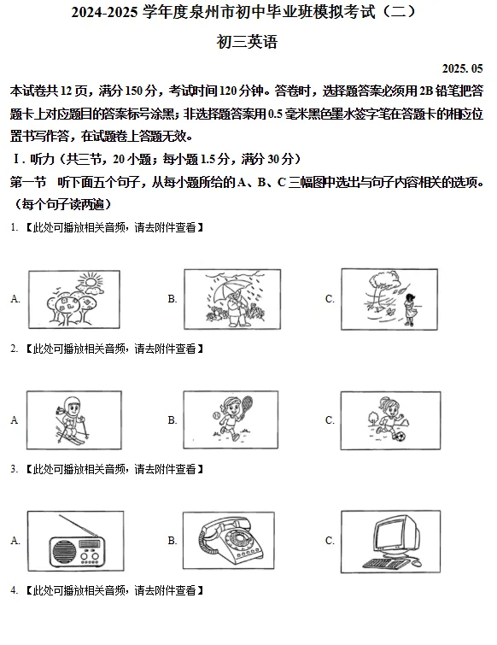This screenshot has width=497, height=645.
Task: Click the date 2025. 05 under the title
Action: tap(463, 68)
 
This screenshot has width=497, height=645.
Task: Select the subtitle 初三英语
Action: tap(248, 41)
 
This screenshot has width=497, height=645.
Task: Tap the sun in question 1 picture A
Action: tap(88, 281)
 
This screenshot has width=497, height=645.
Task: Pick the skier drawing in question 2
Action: tap(72, 419)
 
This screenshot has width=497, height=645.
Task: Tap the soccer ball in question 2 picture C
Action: tap(398, 437)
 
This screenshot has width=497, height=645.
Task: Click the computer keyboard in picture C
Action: tap(389, 564)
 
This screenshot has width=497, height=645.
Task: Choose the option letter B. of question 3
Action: tap(172, 541)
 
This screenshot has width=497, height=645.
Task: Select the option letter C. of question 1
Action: tap(330, 299)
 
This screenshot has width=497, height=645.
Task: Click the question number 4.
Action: tap(14, 590)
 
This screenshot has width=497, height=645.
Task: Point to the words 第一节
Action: tap(28, 182)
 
